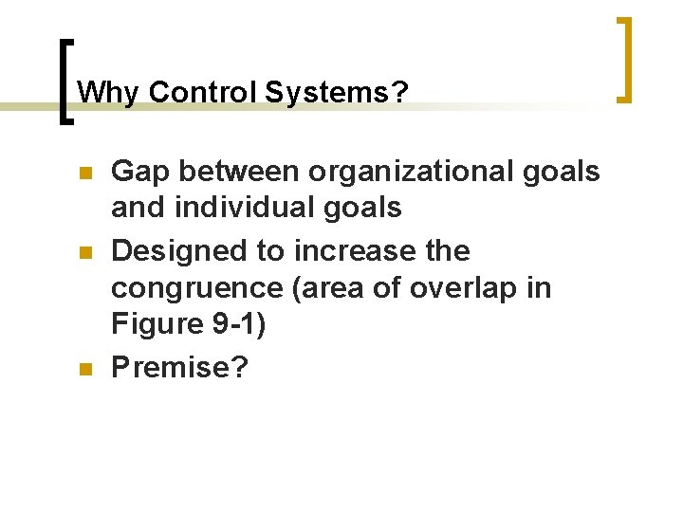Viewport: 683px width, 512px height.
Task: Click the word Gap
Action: [141, 172]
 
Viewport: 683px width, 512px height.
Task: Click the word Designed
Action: [177, 251]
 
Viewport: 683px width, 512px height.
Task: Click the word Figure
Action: [155, 326]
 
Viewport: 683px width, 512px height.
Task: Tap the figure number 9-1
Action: [232, 326]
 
